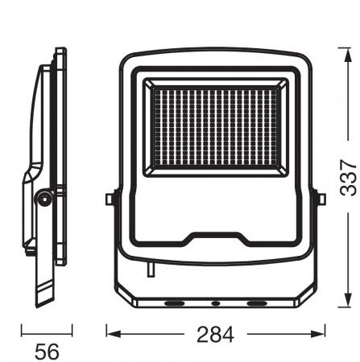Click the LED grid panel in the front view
click(x=216, y=127)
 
